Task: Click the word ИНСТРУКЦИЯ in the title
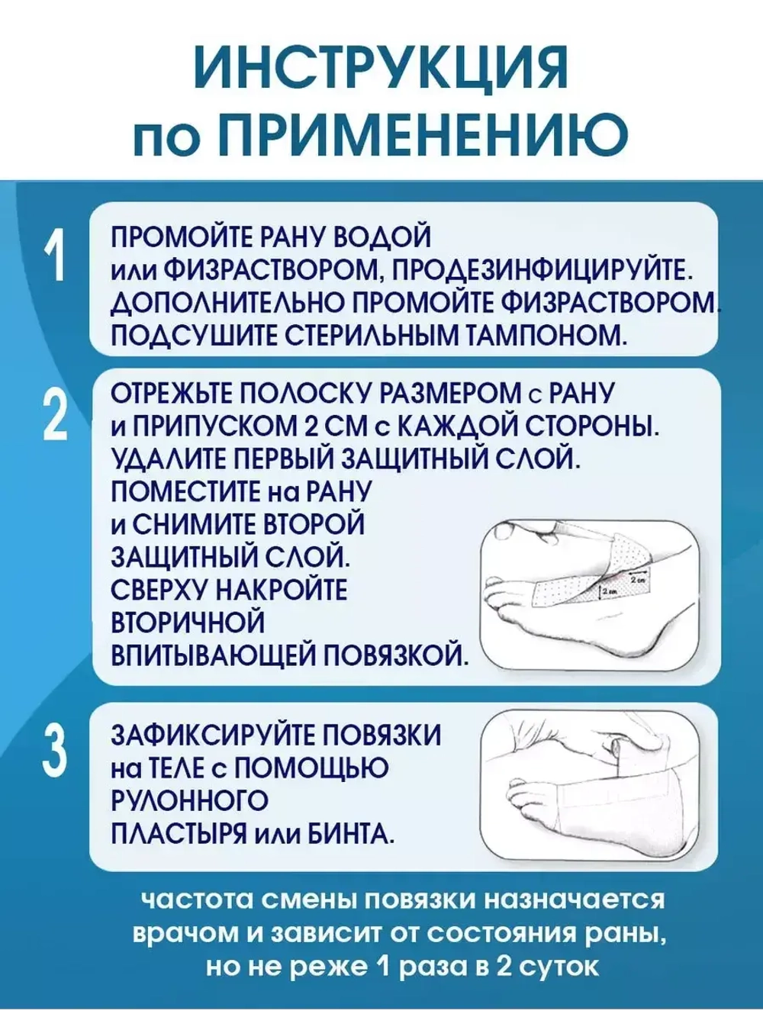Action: click(381, 69)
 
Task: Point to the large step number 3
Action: click(55, 751)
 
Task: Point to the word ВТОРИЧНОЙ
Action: click(188, 623)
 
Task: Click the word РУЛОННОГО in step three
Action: click(189, 801)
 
